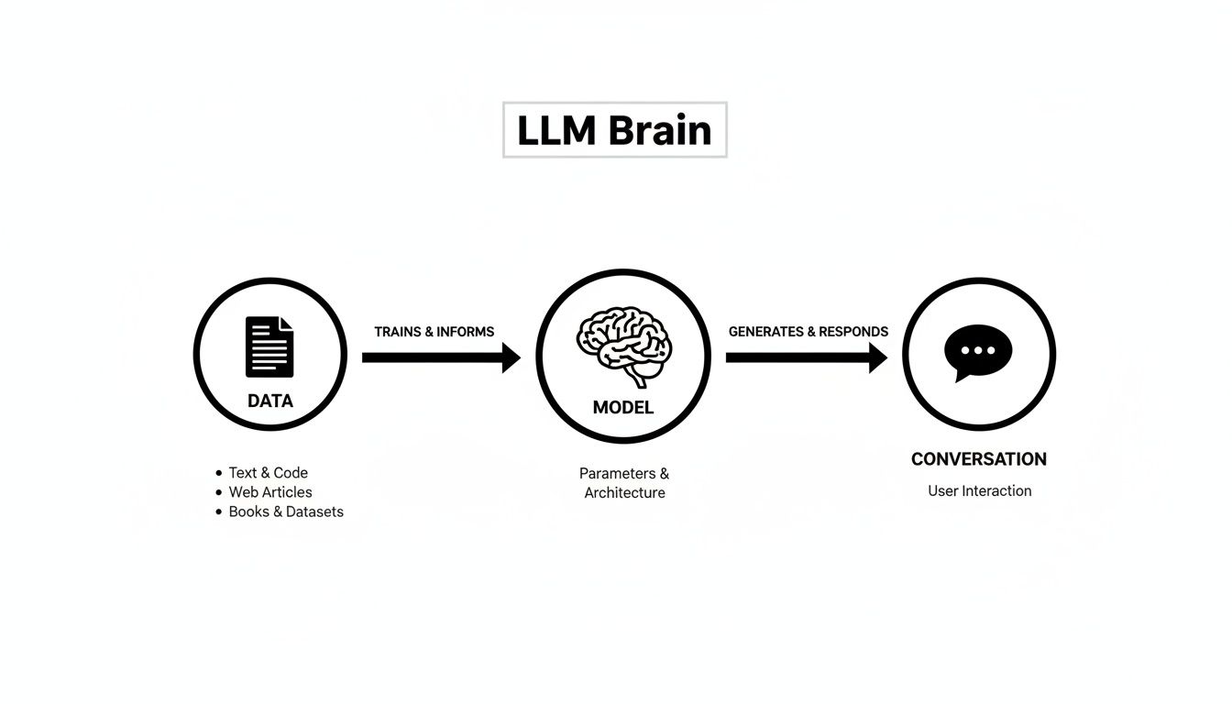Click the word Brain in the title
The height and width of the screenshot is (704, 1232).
point(660,131)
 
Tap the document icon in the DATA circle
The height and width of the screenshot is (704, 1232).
point(269,346)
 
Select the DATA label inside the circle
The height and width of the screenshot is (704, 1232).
point(270,401)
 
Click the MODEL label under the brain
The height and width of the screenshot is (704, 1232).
point(623,408)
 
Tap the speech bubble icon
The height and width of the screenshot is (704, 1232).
point(978,352)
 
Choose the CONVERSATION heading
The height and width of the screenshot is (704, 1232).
point(979,459)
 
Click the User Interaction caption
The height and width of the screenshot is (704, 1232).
point(979,491)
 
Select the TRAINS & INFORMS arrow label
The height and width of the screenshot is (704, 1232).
point(434,332)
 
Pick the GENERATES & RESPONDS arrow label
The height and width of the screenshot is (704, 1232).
point(808,332)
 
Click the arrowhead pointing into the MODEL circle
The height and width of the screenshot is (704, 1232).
point(511,357)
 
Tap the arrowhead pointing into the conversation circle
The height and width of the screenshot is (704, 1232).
point(877,357)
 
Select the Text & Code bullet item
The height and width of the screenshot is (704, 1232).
point(268,473)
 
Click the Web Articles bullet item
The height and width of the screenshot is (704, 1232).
point(270,492)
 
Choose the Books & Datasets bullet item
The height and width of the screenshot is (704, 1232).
point(286,511)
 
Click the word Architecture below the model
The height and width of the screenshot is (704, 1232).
point(624,493)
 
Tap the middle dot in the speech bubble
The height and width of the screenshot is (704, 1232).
point(978,350)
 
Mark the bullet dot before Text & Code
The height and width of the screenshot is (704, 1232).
point(219,473)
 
